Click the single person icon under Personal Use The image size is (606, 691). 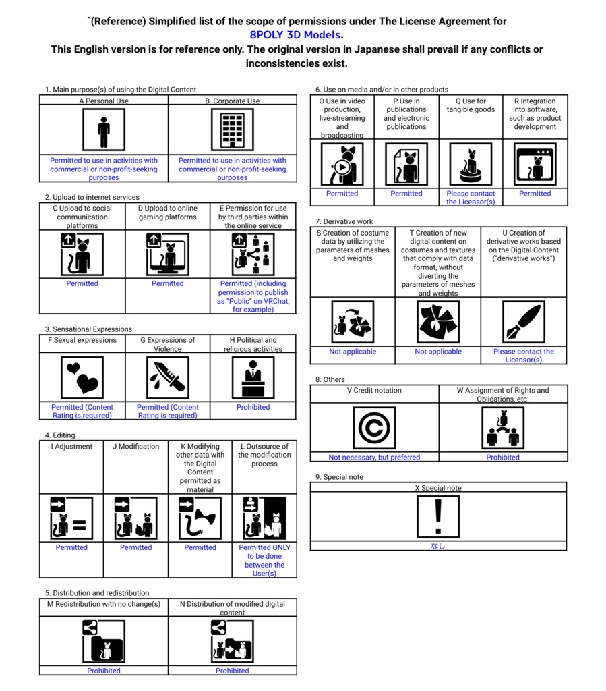(x=103, y=130)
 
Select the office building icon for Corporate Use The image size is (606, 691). (x=232, y=130)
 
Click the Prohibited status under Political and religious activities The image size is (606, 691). (x=253, y=407)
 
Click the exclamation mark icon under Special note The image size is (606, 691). (x=438, y=517)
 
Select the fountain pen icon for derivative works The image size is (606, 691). (x=524, y=322)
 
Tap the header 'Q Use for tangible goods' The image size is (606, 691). (x=471, y=105)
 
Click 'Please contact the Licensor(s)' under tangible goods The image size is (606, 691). (x=471, y=198)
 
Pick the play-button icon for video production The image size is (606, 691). (x=342, y=165)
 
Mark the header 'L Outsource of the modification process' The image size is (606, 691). (x=264, y=455)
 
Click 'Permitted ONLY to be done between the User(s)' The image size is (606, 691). (x=264, y=560)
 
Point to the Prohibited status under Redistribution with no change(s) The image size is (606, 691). (x=103, y=671)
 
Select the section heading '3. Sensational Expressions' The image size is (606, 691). (x=89, y=329)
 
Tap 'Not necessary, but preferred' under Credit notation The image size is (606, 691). (x=374, y=457)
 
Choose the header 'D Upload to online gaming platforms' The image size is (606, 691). (x=167, y=213)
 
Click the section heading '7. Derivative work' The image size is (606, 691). (x=344, y=221)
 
